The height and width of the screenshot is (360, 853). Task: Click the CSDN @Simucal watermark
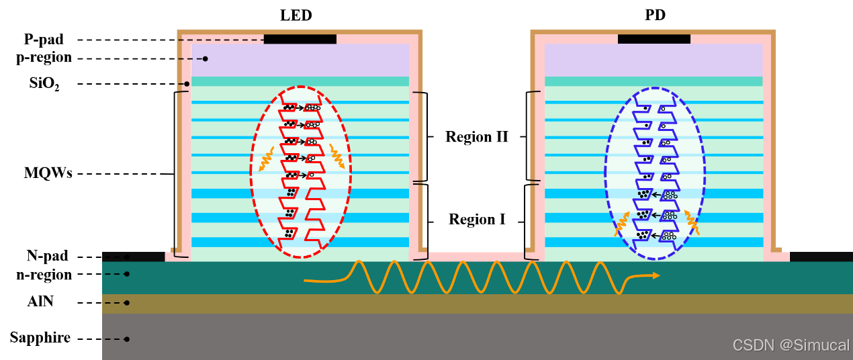(x=791, y=345)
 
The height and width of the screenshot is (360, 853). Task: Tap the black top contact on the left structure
(x=300, y=39)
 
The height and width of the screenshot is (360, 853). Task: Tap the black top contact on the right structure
(x=654, y=39)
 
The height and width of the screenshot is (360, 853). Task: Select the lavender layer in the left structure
(x=300, y=60)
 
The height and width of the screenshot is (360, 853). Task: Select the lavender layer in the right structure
(x=654, y=60)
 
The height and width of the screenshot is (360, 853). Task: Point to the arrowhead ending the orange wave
(x=656, y=275)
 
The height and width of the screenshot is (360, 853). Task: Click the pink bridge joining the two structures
(x=476, y=257)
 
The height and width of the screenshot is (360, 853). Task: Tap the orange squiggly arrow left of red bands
(x=266, y=159)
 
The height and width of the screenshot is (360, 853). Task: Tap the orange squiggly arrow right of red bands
(x=336, y=156)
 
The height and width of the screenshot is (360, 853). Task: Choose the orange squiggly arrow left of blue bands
(x=622, y=224)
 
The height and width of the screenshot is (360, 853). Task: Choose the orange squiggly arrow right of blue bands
(x=692, y=222)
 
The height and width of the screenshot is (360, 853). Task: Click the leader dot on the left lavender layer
(x=205, y=59)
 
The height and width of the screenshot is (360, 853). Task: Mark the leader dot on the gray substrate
(x=126, y=339)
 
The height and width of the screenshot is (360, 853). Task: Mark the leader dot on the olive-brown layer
(x=126, y=303)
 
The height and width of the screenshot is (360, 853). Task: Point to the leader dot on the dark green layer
(x=126, y=274)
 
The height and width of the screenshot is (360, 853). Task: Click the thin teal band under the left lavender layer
(x=222, y=81)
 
